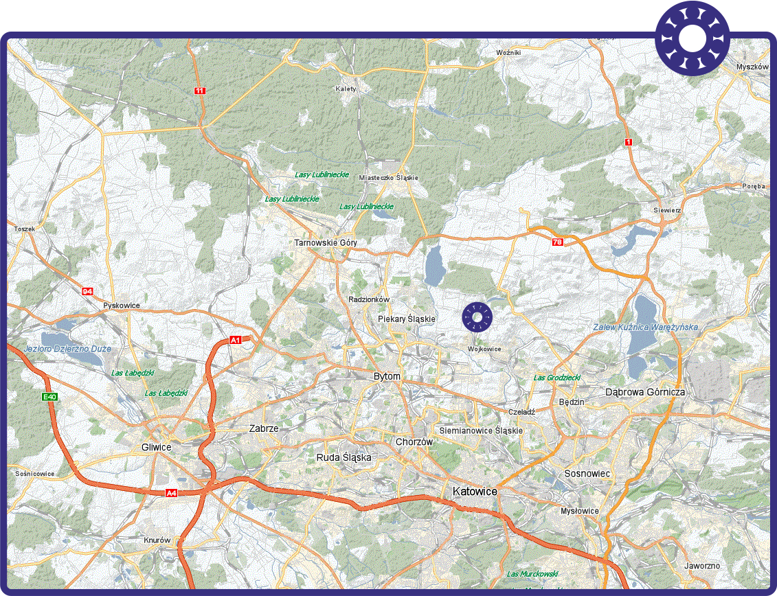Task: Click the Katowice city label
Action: pos(475,491)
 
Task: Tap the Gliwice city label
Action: pos(156,447)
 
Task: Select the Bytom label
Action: pos(387,377)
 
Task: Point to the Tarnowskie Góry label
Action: pos(326,242)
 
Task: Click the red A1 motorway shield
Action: pos(236,340)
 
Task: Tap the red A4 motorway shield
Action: pos(171,492)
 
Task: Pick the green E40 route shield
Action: pos(49,397)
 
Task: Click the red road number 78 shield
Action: pos(557,242)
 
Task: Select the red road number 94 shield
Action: pos(87,292)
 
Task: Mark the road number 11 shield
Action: pos(199,91)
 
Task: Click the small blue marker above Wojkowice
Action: pos(477,316)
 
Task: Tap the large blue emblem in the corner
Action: pos(692,40)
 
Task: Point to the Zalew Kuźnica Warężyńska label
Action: pos(645,328)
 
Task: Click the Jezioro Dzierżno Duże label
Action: pos(67,349)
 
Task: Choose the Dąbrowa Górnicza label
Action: pos(644,392)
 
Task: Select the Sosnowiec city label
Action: pos(587,474)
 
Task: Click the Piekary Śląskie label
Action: pos(407,319)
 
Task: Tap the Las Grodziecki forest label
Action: pos(557,378)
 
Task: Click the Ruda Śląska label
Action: pos(344,457)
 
